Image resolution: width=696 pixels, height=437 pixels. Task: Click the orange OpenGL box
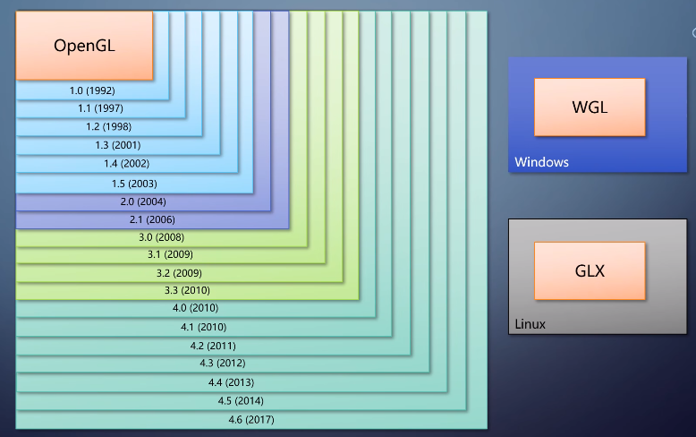(x=85, y=46)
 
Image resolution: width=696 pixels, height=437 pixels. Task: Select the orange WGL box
(x=590, y=107)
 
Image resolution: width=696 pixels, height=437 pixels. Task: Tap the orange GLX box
(x=590, y=270)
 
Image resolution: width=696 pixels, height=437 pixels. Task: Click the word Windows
(x=541, y=162)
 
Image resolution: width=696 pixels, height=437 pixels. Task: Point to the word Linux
(x=530, y=324)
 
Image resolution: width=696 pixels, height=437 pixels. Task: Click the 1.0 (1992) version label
(x=92, y=90)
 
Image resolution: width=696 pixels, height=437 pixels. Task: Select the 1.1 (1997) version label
(x=101, y=108)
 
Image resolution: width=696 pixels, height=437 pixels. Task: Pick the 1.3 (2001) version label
(x=118, y=145)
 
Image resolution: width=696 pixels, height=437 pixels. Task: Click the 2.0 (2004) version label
(x=143, y=201)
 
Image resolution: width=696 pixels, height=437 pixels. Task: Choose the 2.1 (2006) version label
(x=153, y=219)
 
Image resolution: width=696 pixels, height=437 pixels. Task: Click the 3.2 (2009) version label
(x=179, y=272)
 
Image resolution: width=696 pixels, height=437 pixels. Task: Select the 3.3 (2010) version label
(x=187, y=291)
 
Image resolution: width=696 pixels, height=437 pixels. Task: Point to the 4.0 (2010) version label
(x=195, y=309)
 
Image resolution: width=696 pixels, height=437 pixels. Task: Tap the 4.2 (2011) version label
(x=213, y=346)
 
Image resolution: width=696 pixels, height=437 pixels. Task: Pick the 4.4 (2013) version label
(x=231, y=382)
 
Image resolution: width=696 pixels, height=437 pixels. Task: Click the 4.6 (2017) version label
(x=251, y=419)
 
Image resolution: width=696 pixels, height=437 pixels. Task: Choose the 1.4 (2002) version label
(x=126, y=163)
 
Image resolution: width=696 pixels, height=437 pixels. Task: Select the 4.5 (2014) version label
(x=241, y=400)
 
